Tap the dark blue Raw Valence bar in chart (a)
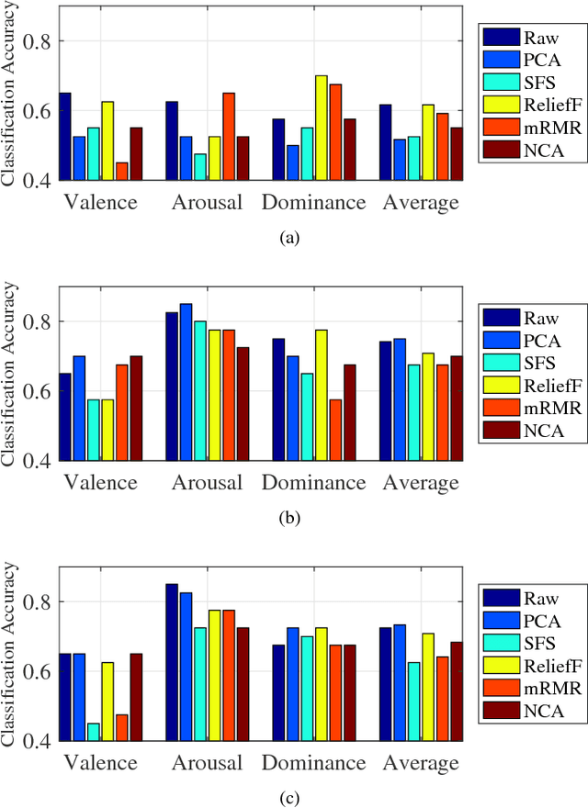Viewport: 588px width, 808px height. coord(65,137)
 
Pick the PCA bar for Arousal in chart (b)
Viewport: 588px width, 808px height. coord(187,382)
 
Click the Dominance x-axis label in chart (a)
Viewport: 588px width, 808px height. coord(314,203)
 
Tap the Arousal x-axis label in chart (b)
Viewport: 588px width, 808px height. coord(208,483)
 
